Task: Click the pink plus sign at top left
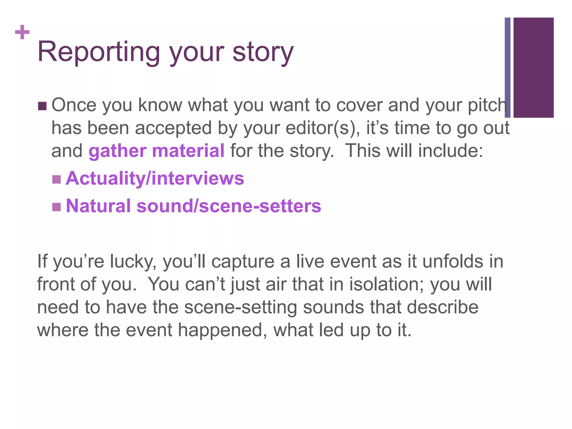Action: (x=22, y=32)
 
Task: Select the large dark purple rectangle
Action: (x=533, y=68)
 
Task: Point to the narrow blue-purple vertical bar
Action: (x=507, y=68)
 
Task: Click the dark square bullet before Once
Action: (x=42, y=106)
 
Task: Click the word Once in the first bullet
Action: (x=74, y=105)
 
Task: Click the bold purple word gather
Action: (x=118, y=151)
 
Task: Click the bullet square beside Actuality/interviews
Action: (x=56, y=179)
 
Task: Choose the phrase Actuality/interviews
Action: (x=155, y=178)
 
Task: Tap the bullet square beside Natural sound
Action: (x=56, y=207)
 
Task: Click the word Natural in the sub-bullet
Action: (x=98, y=206)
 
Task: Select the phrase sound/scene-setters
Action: (x=229, y=206)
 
